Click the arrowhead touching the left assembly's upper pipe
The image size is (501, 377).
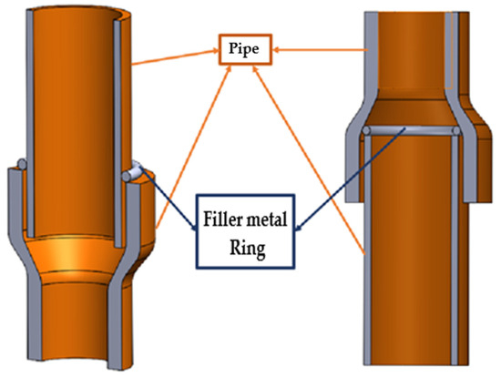click(138, 65)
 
